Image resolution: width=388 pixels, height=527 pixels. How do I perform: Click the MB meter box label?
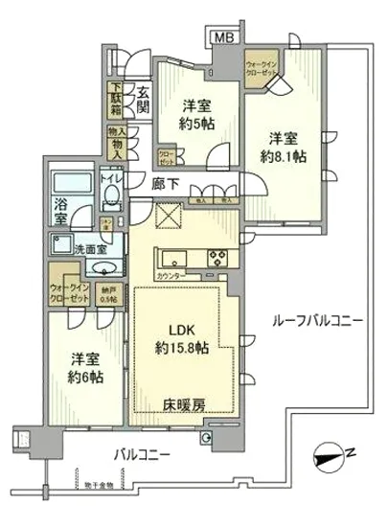(222, 36)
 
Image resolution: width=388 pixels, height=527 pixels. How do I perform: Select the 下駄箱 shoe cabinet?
(115, 100)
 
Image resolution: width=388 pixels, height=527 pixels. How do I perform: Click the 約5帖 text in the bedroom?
(188, 124)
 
